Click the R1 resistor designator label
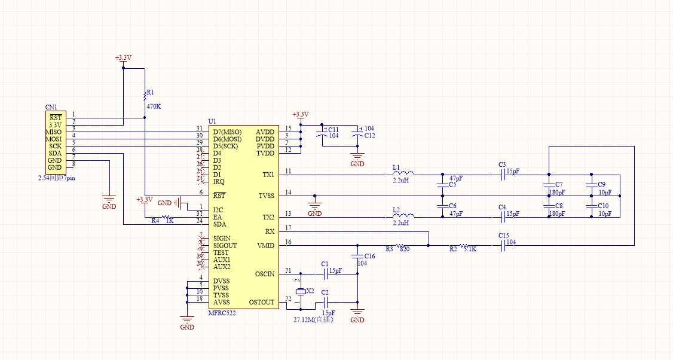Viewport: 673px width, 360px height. [x=151, y=93]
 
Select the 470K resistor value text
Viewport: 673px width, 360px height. [x=154, y=106]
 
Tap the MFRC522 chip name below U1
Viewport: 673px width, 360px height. [x=222, y=313]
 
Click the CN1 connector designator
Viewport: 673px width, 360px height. [x=51, y=108]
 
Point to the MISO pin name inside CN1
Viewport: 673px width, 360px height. [x=54, y=132]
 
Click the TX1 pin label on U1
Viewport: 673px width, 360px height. [x=268, y=175]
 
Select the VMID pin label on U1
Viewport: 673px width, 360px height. [x=265, y=245]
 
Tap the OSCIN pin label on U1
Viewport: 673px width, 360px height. [x=264, y=274]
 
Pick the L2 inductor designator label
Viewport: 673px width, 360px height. [x=396, y=210]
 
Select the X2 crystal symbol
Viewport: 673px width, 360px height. [x=301, y=291]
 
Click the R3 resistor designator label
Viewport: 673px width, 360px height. [x=390, y=249]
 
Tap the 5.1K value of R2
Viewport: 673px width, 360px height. [x=470, y=249]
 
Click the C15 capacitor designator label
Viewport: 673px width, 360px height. [x=503, y=236]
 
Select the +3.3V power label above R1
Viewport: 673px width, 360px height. [x=123, y=58]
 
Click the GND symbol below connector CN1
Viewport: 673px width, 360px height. [x=109, y=200]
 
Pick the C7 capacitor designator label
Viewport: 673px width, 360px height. [x=559, y=184]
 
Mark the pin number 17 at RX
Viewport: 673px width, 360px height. [x=288, y=228]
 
